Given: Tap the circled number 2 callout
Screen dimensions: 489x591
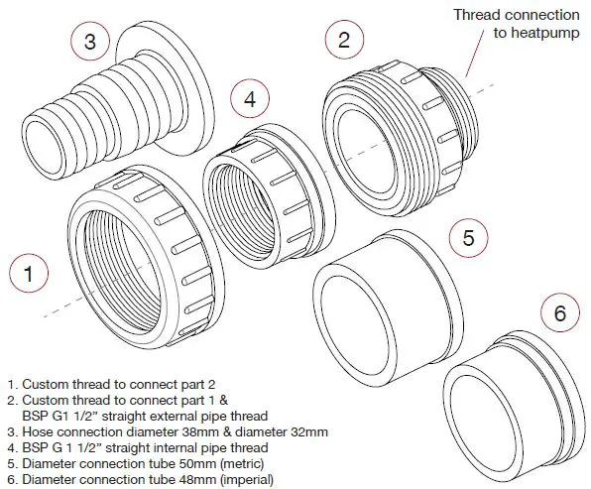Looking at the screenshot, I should coord(344,40).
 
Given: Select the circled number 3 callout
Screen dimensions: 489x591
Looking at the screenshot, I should coord(89,41).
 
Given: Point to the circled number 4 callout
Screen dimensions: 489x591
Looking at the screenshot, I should coord(250,98).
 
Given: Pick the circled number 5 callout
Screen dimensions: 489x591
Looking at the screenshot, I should coord(469,238).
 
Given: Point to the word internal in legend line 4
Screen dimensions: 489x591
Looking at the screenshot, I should coord(166,448).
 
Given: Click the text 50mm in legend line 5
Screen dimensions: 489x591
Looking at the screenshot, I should coord(213,464).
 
